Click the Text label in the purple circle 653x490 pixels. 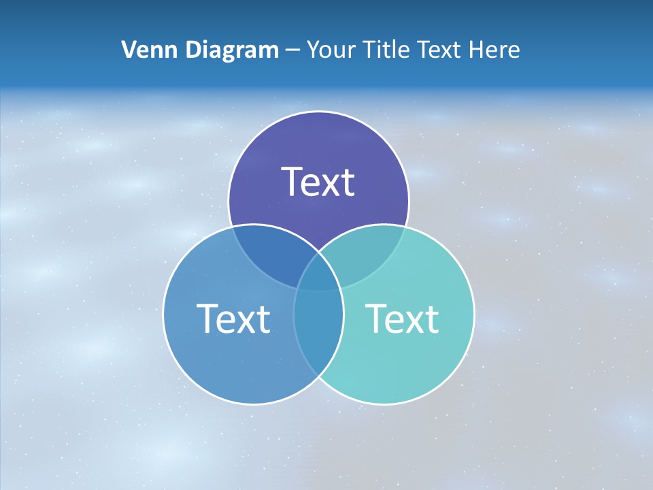(318, 182)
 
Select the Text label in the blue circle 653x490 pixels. (233, 318)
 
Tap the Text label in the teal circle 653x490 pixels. (402, 318)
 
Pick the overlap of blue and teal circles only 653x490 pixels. (318, 327)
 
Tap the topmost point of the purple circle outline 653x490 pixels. (318, 112)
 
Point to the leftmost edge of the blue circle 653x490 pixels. (163, 314)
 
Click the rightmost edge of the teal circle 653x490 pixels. (474, 314)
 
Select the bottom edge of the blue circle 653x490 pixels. (253, 404)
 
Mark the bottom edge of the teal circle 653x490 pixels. (384, 404)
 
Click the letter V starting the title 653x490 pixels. (128, 50)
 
